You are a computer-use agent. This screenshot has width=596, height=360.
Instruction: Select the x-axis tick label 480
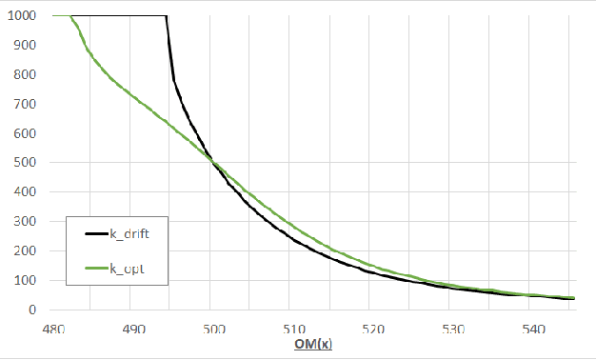point(54,329)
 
